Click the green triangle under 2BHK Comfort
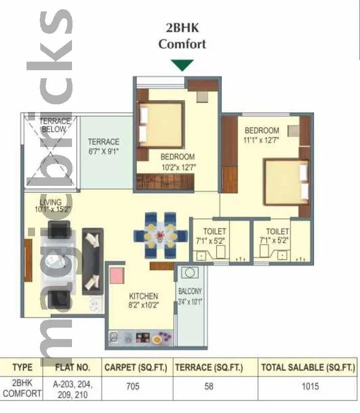[x=182, y=65]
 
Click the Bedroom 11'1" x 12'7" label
[x=261, y=135]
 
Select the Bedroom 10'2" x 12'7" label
[x=177, y=161]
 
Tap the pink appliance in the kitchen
[x=117, y=275]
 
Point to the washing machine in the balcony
[x=190, y=274]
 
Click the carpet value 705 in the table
[x=133, y=386]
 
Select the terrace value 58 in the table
[x=208, y=386]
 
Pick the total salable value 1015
[x=310, y=386]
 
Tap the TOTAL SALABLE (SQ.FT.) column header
[x=307, y=367]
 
